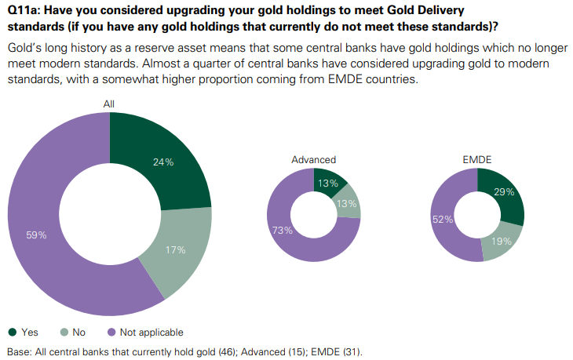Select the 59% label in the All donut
pyautogui.click(x=37, y=235)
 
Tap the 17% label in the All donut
pyautogui.click(x=175, y=250)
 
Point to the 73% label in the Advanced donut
pyautogui.click(x=283, y=230)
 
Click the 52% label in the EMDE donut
pyautogui.click(x=442, y=220)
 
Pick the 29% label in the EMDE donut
pyautogui.click(x=505, y=192)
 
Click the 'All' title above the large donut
pyautogui.click(x=110, y=104)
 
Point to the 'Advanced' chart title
pyautogui.click(x=313, y=160)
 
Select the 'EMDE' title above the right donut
pyautogui.click(x=476, y=160)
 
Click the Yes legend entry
pyautogui.click(x=24, y=333)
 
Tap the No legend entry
pyautogui.click(x=74, y=333)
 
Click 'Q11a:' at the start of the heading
pyautogui.click(x=24, y=9)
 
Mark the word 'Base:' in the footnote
pyautogui.click(x=19, y=351)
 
